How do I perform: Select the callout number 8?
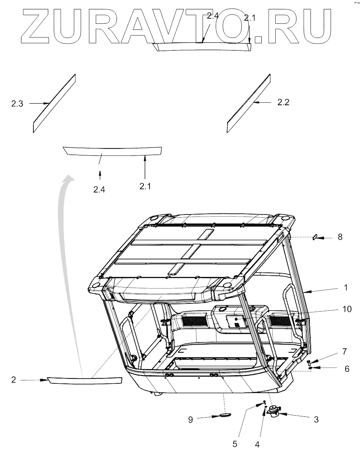pyautogui.click(x=340, y=237)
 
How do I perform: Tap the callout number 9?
pyautogui.click(x=190, y=419)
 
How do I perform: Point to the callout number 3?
pyautogui.click(x=316, y=419)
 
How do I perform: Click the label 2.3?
pyautogui.click(x=17, y=104)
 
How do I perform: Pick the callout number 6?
pyautogui.click(x=347, y=369)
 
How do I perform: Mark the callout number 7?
pyautogui.click(x=344, y=352)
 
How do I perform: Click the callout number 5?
pyautogui.click(x=235, y=444)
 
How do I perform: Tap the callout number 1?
pyautogui.click(x=345, y=288)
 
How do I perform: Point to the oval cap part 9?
pyautogui.click(x=225, y=415)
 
